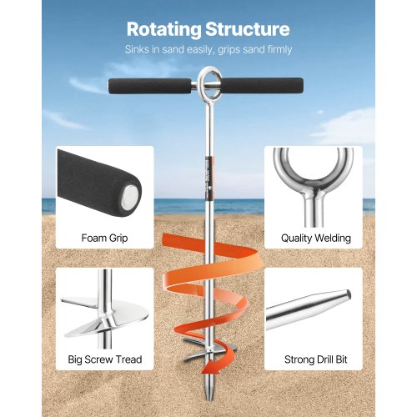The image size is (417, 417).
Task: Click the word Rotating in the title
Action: click(163, 30)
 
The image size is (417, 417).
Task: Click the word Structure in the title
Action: click(248, 29)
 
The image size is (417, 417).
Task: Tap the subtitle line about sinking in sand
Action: click(208, 50)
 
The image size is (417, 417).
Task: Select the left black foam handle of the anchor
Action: click(149, 86)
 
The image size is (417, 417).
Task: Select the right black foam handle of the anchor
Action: click(262, 86)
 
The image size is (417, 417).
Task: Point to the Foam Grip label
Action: click(104, 239)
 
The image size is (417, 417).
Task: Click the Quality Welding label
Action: click(316, 239)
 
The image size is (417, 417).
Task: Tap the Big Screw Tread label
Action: click(105, 359)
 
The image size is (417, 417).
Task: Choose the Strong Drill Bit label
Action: click(316, 359)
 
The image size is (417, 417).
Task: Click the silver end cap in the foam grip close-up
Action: click(130, 198)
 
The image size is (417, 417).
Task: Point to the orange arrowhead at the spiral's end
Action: click(210, 366)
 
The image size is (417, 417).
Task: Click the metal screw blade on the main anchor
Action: click(210, 349)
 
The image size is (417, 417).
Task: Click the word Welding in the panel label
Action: click(333, 239)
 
